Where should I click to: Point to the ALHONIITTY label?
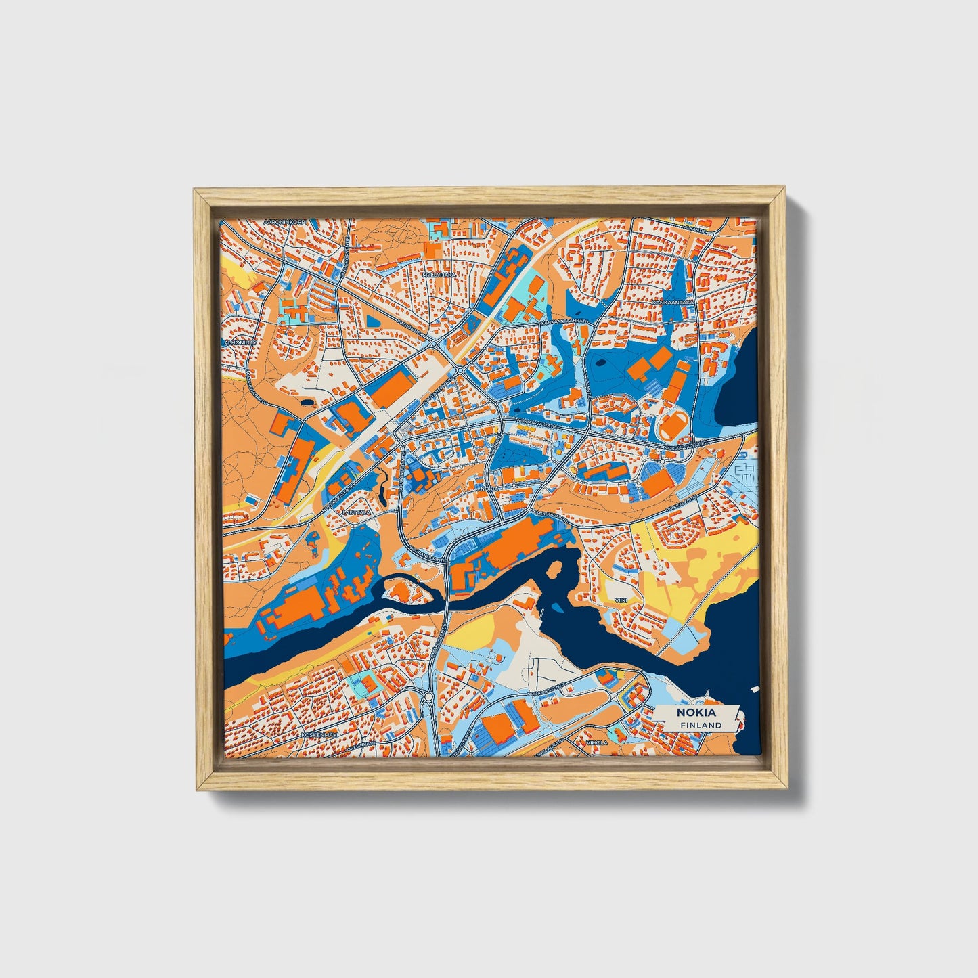[240, 342]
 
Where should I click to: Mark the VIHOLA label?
[598, 742]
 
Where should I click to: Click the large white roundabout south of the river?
[429, 696]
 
